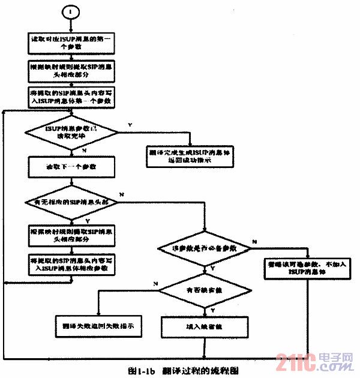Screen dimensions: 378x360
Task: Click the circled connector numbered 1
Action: tap(70, 12)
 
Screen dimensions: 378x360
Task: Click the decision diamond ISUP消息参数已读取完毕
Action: tap(71, 130)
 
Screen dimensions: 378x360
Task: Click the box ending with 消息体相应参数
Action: tap(71, 265)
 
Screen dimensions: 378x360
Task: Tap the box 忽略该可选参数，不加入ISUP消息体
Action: tap(308, 266)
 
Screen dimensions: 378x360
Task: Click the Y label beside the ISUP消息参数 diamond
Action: tap(131, 124)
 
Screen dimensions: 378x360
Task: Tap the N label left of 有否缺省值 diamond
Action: tap(155, 283)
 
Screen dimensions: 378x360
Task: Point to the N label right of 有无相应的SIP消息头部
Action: tap(121, 196)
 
